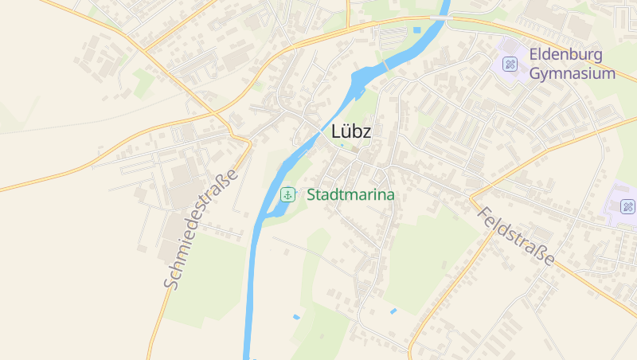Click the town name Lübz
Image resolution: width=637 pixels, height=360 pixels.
tap(351, 132)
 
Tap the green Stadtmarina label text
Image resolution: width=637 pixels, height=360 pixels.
tap(350, 194)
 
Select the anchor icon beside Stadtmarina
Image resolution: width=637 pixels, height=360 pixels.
tap(287, 194)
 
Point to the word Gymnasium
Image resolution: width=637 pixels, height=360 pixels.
tap(573, 74)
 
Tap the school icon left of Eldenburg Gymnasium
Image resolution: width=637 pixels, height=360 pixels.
tap(509, 64)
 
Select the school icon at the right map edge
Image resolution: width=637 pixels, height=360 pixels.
tap(627, 207)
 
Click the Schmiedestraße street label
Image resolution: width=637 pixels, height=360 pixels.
tap(201, 229)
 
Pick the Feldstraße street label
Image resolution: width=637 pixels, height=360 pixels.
tap(515, 236)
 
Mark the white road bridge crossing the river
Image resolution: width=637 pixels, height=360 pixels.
tap(439, 17)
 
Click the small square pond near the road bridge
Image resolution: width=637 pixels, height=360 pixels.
tap(416, 30)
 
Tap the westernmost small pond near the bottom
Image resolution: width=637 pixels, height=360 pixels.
tap(296, 317)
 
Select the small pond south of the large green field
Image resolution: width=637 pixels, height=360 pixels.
tap(393, 311)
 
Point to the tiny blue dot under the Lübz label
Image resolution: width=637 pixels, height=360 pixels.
tap(342, 146)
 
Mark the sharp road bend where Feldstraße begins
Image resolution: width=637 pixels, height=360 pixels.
tap(471, 196)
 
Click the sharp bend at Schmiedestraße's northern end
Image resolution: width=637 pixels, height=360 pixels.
tap(250, 144)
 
